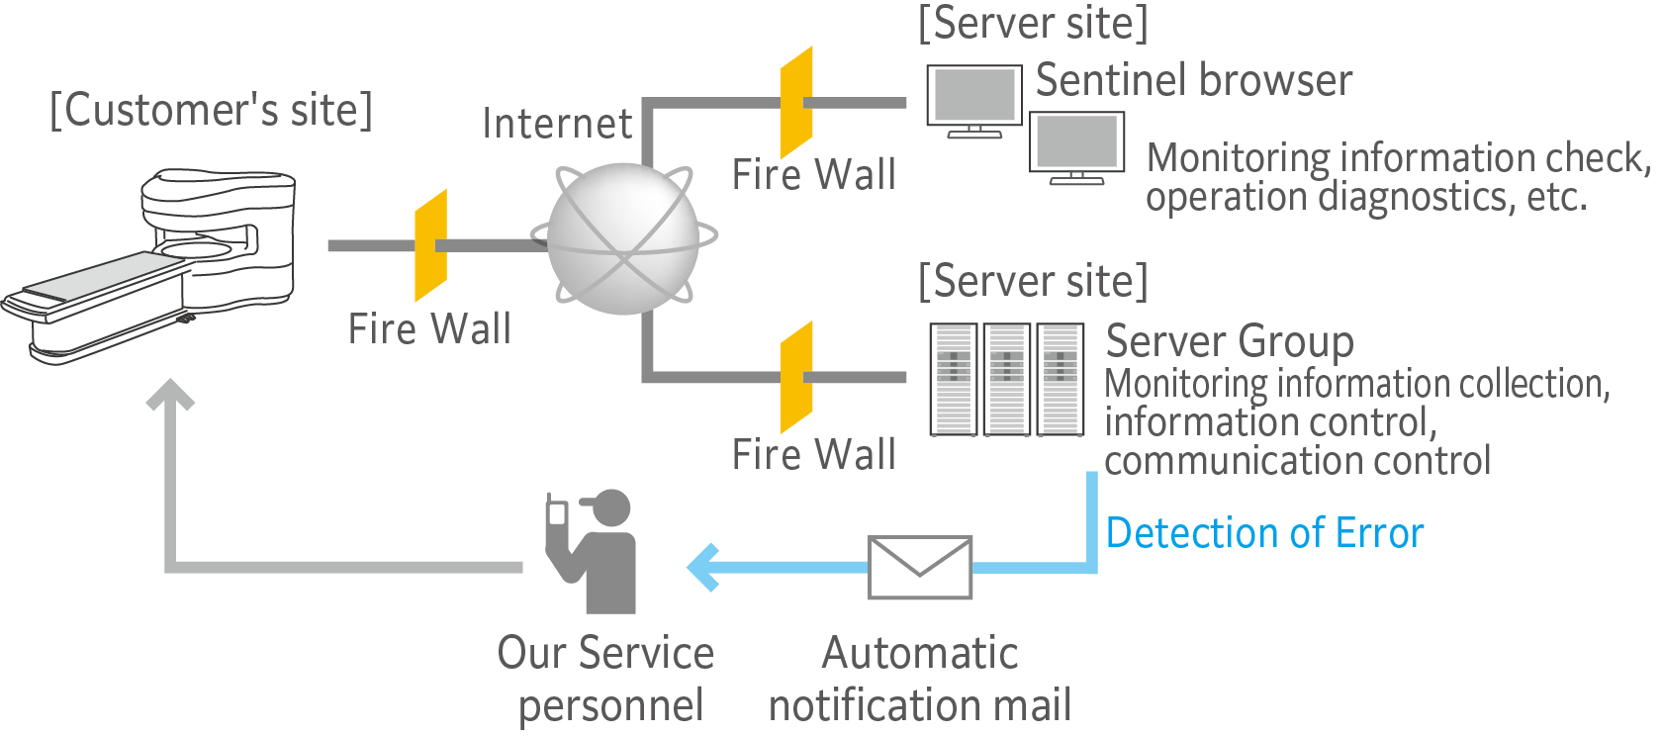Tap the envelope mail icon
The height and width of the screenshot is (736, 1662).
coord(920,568)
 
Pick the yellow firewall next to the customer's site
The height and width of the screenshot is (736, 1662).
coord(430,245)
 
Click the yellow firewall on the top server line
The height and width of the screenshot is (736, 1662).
coord(796,102)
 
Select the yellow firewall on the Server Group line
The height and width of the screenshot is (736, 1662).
coord(796,377)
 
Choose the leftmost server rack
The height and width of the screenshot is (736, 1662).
coord(954,379)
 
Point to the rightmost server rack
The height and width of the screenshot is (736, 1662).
coord(1060,379)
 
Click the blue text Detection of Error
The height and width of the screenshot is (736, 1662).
coord(1264,533)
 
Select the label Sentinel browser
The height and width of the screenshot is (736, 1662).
coord(1193,80)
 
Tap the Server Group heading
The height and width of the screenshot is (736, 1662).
coord(1229,341)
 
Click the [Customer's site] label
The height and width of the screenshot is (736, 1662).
coord(212,110)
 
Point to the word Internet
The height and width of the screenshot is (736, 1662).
coord(556,124)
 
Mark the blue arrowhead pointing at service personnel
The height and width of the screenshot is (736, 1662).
coord(702,568)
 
